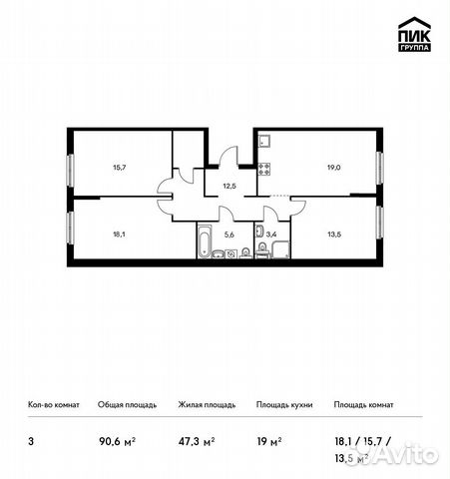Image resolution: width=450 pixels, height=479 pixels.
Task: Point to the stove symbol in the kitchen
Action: [263, 168]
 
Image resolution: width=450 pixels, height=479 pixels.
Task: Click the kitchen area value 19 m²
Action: [269, 438]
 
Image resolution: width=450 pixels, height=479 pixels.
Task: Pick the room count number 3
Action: [31, 438]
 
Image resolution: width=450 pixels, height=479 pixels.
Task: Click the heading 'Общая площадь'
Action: [125, 405]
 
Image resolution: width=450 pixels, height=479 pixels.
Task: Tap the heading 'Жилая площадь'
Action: [207, 405]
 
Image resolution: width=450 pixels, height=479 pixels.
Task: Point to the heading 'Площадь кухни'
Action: [285, 405]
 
